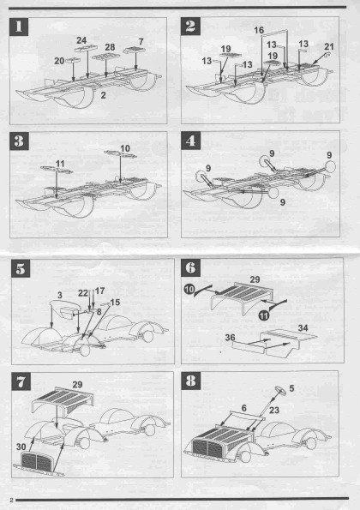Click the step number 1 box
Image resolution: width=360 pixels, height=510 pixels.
(x=19, y=27)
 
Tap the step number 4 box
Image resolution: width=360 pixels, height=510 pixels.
(x=190, y=141)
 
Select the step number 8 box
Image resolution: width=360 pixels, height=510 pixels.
(x=190, y=381)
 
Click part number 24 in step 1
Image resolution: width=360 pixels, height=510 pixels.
(x=81, y=40)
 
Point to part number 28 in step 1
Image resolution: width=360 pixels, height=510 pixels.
(x=110, y=47)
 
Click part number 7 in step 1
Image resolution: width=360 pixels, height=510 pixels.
(x=141, y=42)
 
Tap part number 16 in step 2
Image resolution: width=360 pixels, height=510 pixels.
(x=259, y=30)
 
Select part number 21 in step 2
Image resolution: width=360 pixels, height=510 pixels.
(x=329, y=46)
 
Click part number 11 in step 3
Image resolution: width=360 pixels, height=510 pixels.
(x=60, y=163)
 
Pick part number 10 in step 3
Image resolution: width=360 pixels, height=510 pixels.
(x=125, y=148)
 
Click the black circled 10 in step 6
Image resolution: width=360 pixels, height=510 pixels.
(x=189, y=289)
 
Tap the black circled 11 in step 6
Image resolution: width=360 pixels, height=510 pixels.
(x=264, y=315)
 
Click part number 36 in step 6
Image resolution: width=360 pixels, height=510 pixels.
(x=230, y=338)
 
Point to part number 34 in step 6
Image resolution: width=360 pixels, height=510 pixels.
(x=303, y=327)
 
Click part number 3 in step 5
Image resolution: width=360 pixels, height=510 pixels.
(x=59, y=295)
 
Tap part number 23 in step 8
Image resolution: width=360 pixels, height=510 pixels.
(x=274, y=410)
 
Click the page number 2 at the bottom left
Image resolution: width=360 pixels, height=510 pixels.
(x=12, y=500)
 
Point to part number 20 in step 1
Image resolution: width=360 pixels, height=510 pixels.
(x=59, y=61)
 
